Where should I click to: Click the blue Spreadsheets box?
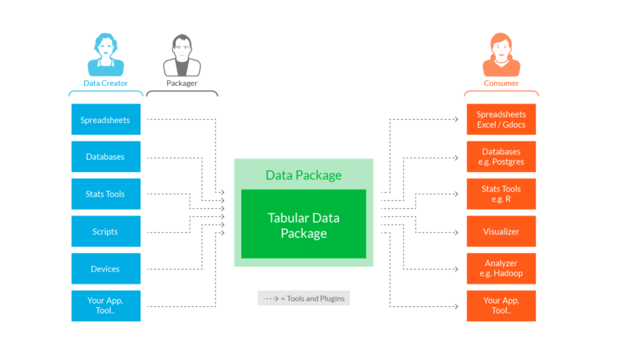click(106, 120)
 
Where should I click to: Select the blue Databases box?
click(106, 157)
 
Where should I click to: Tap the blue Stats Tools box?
click(106, 194)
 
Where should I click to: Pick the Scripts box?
click(106, 231)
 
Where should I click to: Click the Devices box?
click(106, 269)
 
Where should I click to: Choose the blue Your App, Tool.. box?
click(106, 306)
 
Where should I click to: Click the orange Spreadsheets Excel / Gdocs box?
click(501, 120)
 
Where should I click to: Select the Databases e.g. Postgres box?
click(501, 157)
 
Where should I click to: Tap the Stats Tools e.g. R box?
click(501, 194)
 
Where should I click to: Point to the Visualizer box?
click(501, 231)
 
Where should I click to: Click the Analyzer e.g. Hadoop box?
click(501, 269)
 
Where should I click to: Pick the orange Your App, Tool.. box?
click(501, 306)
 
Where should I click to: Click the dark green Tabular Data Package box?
click(304, 224)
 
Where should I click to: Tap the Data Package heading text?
click(304, 175)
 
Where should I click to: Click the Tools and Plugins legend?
click(304, 298)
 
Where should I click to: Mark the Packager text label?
click(182, 83)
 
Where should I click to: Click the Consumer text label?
click(501, 83)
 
